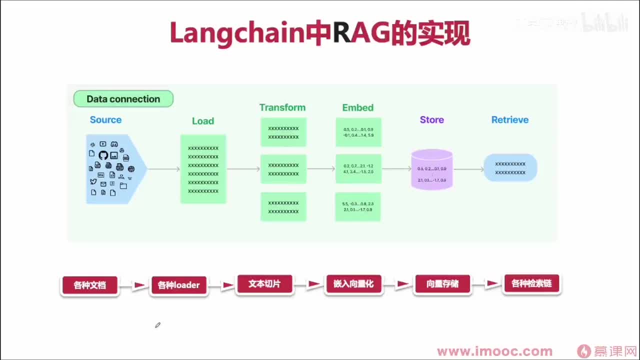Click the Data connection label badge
123,99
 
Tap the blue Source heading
105,119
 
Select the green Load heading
202,121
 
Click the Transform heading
282,107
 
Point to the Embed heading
357,107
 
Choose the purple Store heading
431,119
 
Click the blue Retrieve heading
509,119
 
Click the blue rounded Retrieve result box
510,167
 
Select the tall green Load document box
203,169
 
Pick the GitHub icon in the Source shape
103,155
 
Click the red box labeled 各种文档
89,285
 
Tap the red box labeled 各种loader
178,285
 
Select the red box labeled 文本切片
264,284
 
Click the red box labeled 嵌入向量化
353,284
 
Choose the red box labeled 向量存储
442,284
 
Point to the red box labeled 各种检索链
531,283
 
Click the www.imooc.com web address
494,351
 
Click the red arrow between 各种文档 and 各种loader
139,285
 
